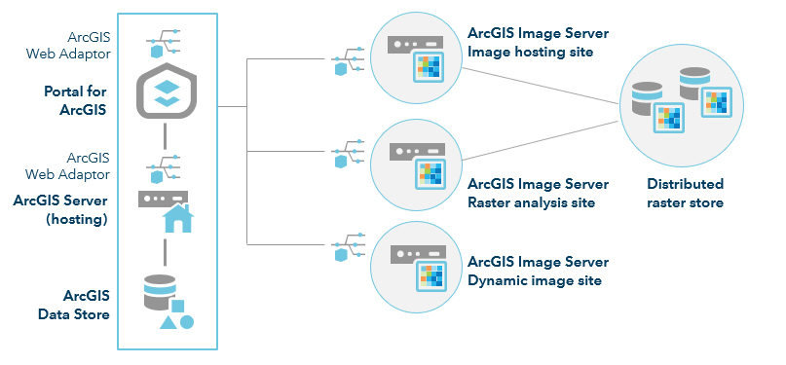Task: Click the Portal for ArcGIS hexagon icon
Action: click(167, 92)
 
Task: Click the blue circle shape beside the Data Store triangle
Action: click(187, 321)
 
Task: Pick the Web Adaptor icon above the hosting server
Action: click(166, 167)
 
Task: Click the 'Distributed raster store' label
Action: click(685, 194)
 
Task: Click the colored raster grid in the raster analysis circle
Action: click(429, 173)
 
